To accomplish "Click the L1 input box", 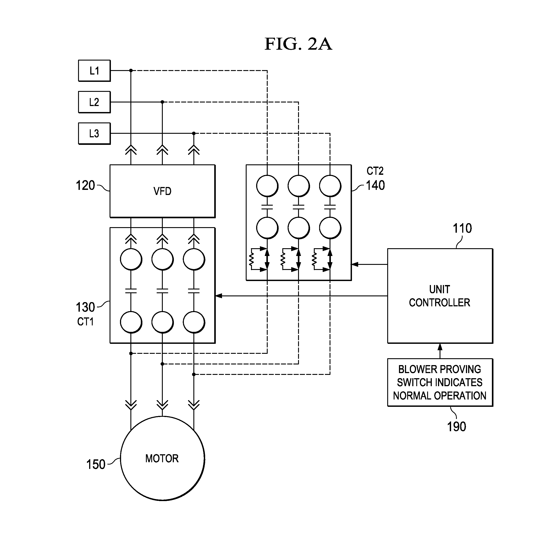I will [x=94, y=71].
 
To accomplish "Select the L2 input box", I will [x=94, y=102].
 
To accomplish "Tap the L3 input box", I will [x=94, y=133].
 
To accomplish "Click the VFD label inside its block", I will [x=162, y=191].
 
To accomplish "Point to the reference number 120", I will [x=85, y=185].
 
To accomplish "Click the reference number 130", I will [x=85, y=307].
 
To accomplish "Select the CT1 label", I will [x=85, y=322].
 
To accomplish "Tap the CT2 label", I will [x=375, y=171].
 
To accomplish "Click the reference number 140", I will [x=375, y=185].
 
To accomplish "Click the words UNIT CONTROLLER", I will [x=439, y=296].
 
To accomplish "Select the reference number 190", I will [x=456, y=427].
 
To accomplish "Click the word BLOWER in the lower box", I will [x=412, y=369].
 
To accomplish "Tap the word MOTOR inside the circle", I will [x=162, y=458].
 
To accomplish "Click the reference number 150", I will [x=96, y=464].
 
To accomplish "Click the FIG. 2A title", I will [x=298, y=44].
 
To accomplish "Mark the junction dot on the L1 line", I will [x=131, y=70].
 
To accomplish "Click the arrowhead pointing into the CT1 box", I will [x=219, y=296].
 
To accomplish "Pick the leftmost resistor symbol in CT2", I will [x=251, y=259].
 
